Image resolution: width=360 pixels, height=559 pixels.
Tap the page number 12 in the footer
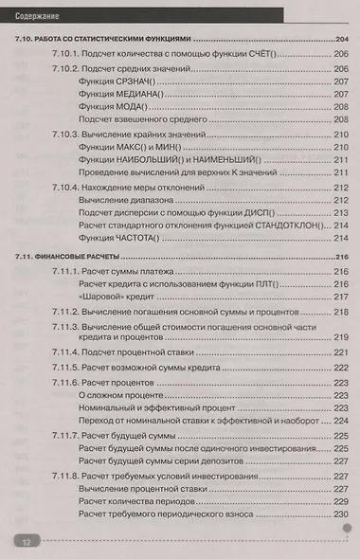[26, 541]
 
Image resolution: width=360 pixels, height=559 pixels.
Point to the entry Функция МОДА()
[112, 110]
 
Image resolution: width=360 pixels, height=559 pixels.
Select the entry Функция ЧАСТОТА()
[116, 242]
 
